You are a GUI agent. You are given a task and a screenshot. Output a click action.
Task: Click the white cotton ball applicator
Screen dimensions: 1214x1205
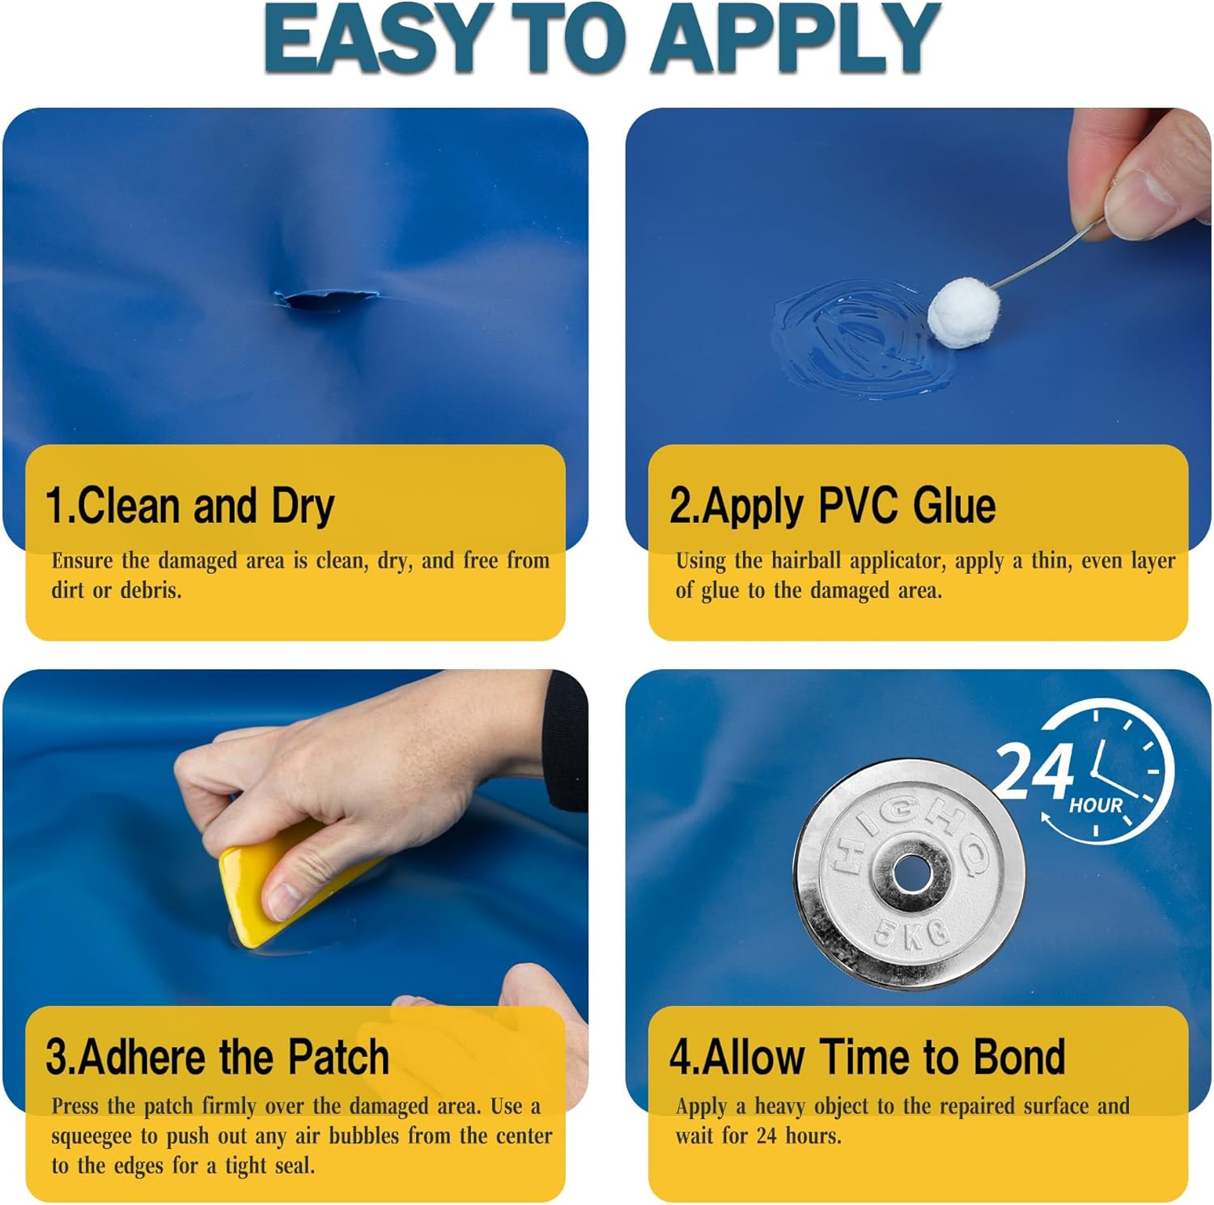965,312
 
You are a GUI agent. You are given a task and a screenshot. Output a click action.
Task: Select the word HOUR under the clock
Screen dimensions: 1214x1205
1096,805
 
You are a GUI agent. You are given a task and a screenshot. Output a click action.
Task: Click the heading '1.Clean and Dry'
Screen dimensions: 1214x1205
190,506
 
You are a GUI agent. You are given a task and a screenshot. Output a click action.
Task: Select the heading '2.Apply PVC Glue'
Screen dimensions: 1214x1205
833,506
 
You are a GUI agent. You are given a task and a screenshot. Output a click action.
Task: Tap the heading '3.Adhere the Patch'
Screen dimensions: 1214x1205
218,1057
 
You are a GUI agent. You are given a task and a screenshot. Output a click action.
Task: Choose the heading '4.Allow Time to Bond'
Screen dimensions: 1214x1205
868,1057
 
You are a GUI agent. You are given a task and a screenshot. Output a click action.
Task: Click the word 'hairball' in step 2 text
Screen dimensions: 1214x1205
807,560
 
